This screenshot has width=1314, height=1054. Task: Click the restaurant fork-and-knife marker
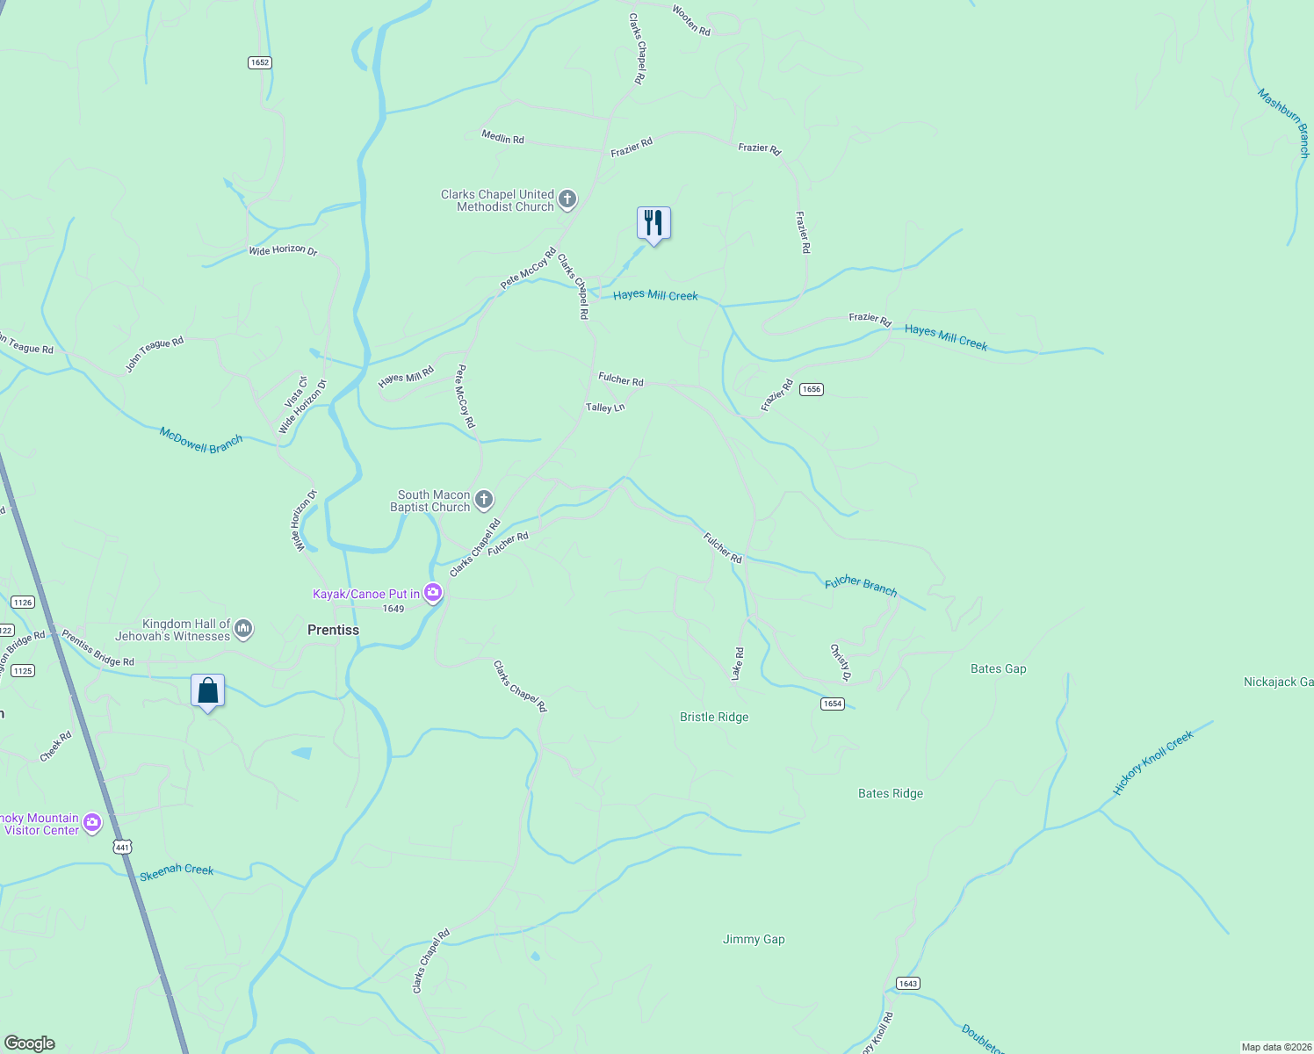[x=653, y=223]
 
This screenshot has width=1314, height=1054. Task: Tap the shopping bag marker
[x=208, y=690]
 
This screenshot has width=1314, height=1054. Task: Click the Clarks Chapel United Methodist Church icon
[x=567, y=199]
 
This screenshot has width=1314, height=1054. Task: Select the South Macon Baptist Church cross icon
[x=483, y=501]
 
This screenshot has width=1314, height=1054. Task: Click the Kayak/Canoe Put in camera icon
[x=433, y=594]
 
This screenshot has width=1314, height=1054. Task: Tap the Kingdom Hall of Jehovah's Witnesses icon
[x=244, y=629]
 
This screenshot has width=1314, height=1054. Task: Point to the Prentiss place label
[x=333, y=630]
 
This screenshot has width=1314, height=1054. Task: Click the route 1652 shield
[x=259, y=62]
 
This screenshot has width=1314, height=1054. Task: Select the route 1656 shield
[x=811, y=389]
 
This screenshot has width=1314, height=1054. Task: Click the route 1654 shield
[x=833, y=704]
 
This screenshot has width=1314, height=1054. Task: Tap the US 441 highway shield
[x=122, y=847]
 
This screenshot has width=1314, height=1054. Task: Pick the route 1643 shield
[x=908, y=983]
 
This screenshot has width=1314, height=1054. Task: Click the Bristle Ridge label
[x=714, y=717]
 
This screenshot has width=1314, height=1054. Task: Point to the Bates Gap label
[x=998, y=668]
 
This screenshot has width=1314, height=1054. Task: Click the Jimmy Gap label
[x=754, y=939]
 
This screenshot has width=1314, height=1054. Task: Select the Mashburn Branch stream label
[x=1284, y=122]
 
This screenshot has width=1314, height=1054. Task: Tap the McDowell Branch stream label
[x=201, y=440]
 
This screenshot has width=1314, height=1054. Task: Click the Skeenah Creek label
[x=177, y=870]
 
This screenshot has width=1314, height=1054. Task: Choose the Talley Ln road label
[x=605, y=408]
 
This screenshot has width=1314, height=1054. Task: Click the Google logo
[x=30, y=1043]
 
